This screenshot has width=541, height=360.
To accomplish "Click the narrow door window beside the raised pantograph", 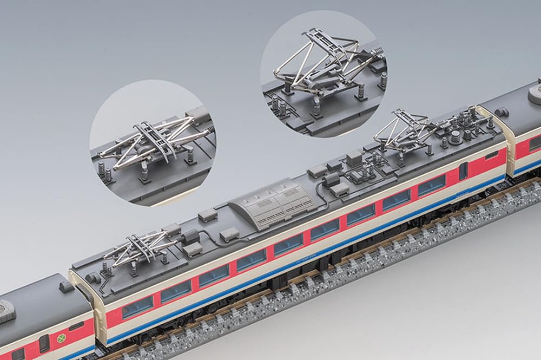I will tap(463, 171).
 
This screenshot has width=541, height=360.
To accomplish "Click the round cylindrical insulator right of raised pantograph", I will tap(455, 135).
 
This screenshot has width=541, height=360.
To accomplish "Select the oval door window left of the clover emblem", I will tap(44, 343).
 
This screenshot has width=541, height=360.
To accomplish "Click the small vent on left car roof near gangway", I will tap(67, 287).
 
